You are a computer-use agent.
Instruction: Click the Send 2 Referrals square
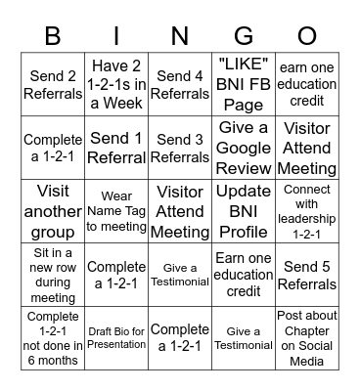point(53,85)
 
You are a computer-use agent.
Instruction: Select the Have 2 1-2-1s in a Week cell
point(116,85)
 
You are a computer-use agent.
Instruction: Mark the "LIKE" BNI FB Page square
point(244,85)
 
